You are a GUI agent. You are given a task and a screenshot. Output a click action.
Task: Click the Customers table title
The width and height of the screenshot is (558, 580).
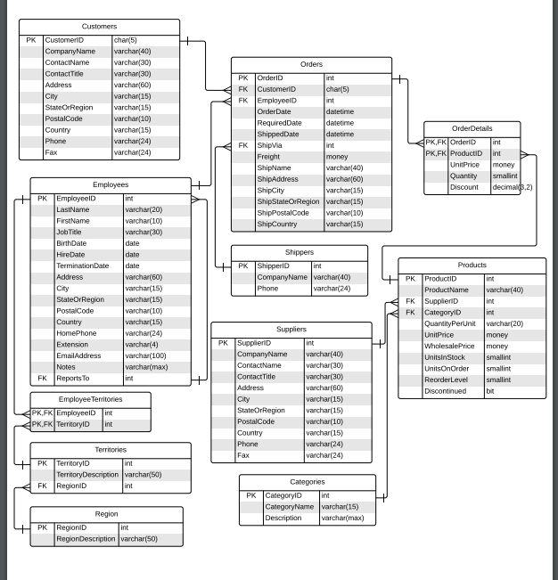pyautogui.click(x=98, y=27)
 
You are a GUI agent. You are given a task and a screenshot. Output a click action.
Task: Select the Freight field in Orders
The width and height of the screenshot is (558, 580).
pyautogui.click(x=268, y=157)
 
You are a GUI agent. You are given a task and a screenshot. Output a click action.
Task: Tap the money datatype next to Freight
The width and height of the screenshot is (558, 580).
pyautogui.click(x=337, y=157)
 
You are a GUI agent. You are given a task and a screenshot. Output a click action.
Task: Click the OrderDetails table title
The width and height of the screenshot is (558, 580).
pyautogui.click(x=471, y=128)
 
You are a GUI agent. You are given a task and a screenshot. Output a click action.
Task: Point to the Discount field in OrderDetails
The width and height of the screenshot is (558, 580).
pyautogui.click(x=464, y=187)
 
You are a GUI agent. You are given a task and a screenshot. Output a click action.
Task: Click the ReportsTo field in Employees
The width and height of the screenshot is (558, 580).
pyautogui.click(x=73, y=378)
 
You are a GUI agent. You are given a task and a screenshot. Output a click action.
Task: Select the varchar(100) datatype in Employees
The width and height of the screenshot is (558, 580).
pyautogui.click(x=145, y=355)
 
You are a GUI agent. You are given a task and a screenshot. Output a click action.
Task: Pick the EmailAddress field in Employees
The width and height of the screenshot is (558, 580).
pyautogui.click(x=78, y=355)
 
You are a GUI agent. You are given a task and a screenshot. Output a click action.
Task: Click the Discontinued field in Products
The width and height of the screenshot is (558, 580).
pyautogui.click(x=447, y=391)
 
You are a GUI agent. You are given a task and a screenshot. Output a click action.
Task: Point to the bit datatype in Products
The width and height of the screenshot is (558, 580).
pyautogui.click(x=489, y=391)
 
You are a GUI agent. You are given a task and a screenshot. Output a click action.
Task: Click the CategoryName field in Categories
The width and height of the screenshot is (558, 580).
pyautogui.click(x=290, y=506)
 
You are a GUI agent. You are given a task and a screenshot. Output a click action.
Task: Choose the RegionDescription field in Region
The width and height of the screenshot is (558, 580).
pyautogui.click(x=86, y=538)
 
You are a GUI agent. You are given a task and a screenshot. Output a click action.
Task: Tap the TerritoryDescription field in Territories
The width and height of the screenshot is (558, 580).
pyautogui.click(x=87, y=475)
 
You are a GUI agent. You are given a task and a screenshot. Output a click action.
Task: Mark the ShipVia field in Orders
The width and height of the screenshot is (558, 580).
pyautogui.click(x=269, y=145)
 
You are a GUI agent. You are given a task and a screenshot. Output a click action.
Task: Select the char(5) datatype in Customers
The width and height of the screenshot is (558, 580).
pyautogui.click(x=126, y=40)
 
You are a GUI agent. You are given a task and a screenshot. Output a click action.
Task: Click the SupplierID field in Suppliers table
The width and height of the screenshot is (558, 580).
pyautogui.click(x=253, y=342)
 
